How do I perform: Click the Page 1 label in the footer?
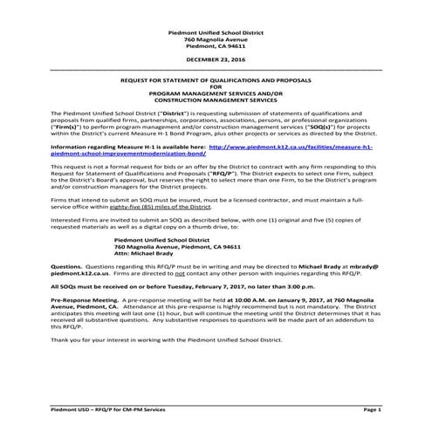(x=371, y=408)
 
